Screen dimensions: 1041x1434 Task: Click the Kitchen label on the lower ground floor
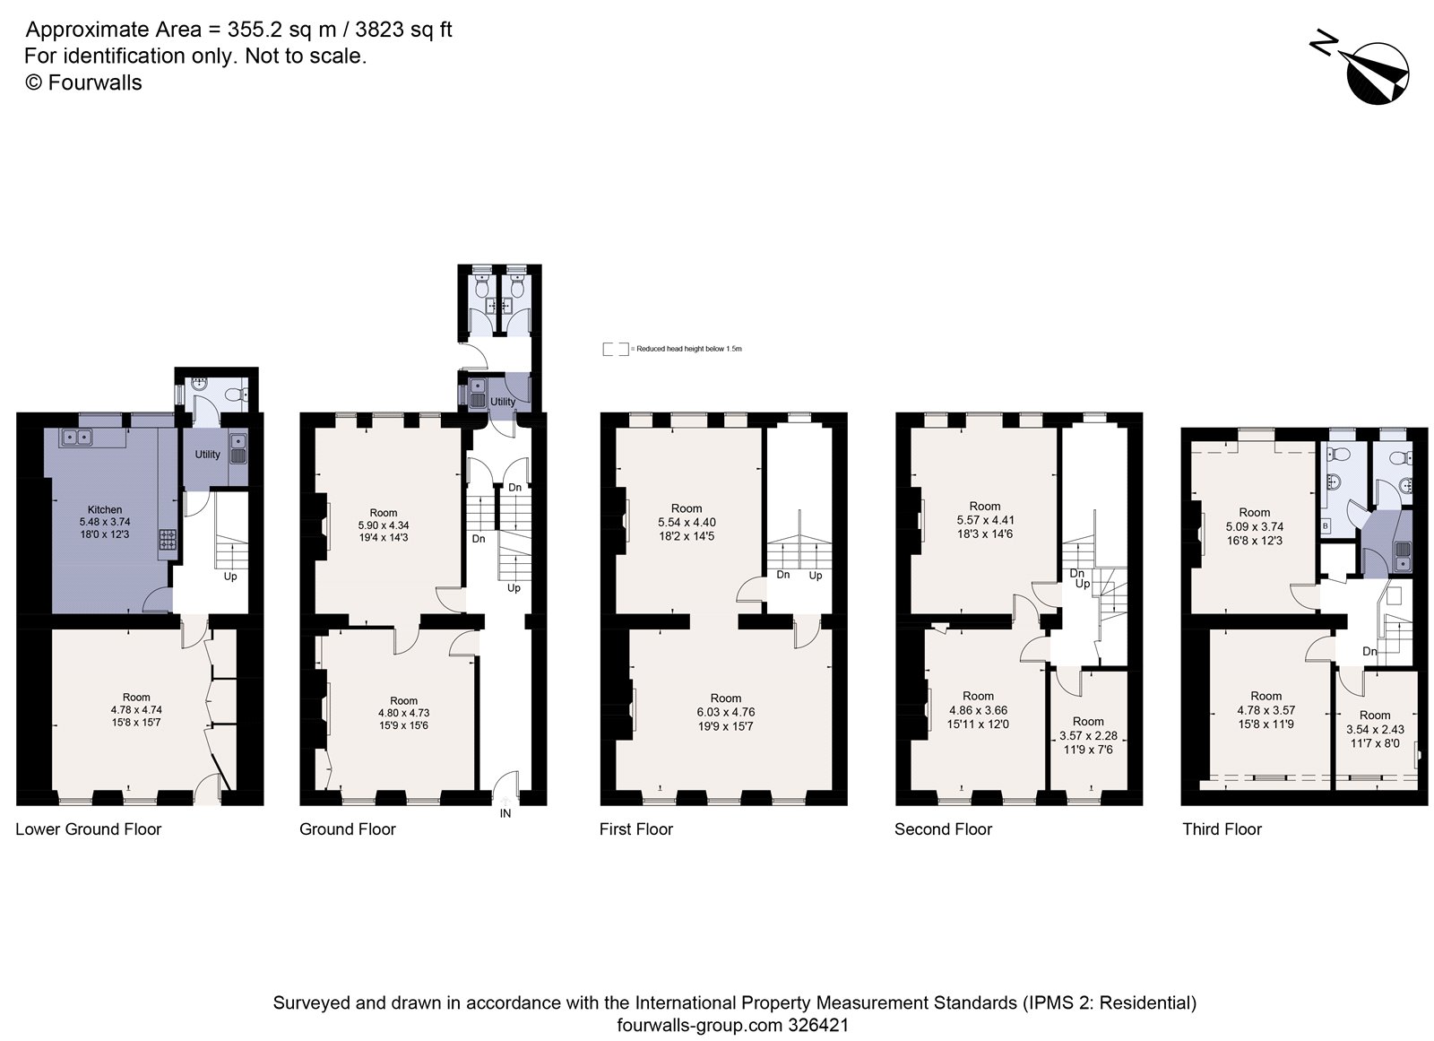click(x=105, y=509)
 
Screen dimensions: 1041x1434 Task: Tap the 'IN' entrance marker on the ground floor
click(x=505, y=813)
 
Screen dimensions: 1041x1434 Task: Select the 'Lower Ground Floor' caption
click(x=89, y=829)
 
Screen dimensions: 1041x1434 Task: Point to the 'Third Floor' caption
click(x=1222, y=829)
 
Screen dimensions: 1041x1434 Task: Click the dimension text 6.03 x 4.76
click(x=726, y=712)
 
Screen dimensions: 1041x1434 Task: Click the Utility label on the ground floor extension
click(x=503, y=402)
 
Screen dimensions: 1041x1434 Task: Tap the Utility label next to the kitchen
click(x=207, y=455)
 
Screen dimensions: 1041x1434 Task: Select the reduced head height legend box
click(x=616, y=349)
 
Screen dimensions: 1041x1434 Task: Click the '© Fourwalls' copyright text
click(x=82, y=82)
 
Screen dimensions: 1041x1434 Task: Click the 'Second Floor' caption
click(x=943, y=829)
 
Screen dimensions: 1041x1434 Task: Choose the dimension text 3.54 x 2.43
click(x=1375, y=729)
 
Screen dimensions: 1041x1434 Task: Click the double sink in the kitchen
click(x=76, y=438)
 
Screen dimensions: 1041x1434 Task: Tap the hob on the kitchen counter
click(x=168, y=539)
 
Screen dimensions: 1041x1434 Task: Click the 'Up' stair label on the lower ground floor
click(x=230, y=577)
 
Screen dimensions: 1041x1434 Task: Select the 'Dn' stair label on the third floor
click(x=1369, y=651)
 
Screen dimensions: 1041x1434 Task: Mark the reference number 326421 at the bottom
click(x=818, y=1025)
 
